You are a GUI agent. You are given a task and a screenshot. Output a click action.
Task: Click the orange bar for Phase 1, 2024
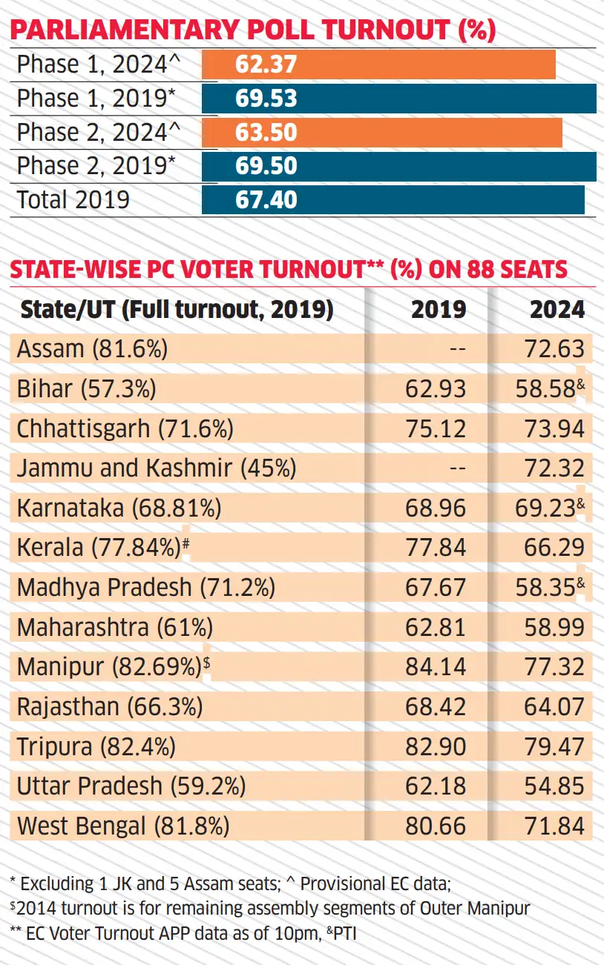point(378,64)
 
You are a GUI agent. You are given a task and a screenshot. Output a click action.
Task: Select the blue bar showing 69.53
point(398,99)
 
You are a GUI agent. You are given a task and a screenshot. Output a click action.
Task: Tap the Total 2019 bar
point(393,200)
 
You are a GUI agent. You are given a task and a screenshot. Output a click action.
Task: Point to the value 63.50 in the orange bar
point(266,133)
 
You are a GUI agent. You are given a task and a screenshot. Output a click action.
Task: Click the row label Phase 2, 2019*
point(96,166)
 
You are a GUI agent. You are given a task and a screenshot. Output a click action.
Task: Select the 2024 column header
point(557,310)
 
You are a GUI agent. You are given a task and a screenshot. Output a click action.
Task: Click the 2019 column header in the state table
point(439,310)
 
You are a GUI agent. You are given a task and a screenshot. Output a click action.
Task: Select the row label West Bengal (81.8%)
point(123,826)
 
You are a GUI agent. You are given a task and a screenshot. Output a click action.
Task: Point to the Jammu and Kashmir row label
point(157,468)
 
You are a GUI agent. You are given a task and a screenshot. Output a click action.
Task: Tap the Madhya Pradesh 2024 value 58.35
point(546,588)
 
